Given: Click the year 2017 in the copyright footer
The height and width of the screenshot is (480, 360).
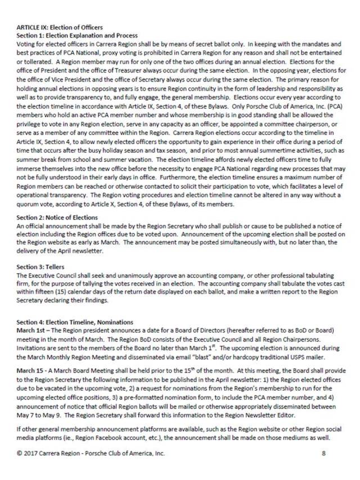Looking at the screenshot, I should pyautogui.click(x=31, y=452).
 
